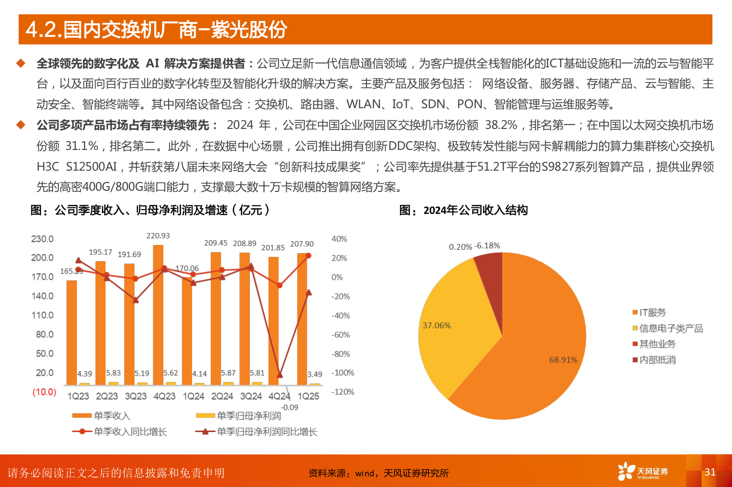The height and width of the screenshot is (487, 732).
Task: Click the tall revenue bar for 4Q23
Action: click(x=158, y=315)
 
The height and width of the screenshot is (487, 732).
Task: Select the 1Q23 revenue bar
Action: click(x=72, y=332)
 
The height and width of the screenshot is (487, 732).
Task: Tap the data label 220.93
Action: click(x=158, y=236)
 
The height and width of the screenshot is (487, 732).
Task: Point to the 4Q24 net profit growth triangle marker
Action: click(x=280, y=375)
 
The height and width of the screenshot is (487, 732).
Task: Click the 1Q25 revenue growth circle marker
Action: click(x=308, y=256)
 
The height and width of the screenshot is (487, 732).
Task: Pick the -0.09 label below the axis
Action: click(x=290, y=407)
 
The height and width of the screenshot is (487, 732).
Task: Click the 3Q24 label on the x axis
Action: click(x=251, y=396)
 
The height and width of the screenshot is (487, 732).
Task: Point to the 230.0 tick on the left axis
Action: click(x=43, y=239)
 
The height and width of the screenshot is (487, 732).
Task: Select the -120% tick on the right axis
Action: click(x=343, y=392)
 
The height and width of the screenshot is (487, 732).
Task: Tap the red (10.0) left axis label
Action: click(x=44, y=392)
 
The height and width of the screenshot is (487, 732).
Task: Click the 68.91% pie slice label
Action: click(x=563, y=360)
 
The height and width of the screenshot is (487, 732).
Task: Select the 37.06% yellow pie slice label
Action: click(x=436, y=326)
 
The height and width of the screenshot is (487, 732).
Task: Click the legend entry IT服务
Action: click(x=652, y=313)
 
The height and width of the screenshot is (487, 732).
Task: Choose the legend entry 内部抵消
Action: click(x=657, y=360)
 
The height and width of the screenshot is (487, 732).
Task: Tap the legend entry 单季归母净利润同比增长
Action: click(x=267, y=432)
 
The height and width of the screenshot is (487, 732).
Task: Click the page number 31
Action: click(x=710, y=472)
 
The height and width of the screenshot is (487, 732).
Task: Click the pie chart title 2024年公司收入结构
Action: click(x=475, y=210)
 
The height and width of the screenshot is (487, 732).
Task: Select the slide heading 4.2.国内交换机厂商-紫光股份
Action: click(x=156, y=30)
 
